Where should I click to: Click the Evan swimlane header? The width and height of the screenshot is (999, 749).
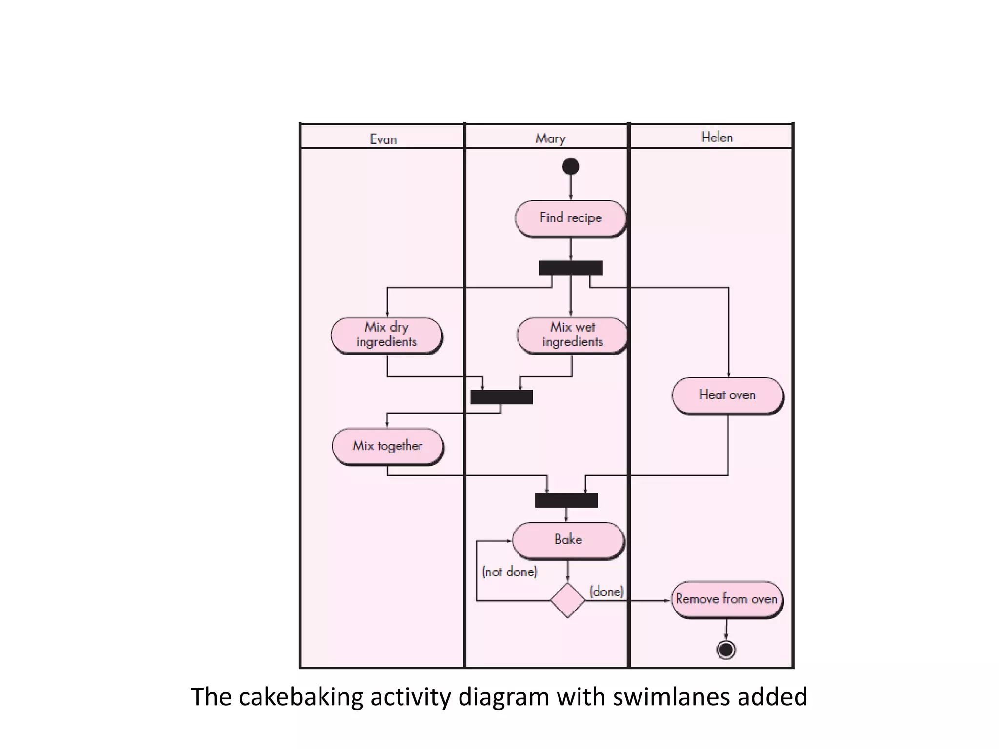pyautogui.click(x=383, y=139)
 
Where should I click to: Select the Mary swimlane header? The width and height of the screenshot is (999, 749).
pyautogui.click(x=550, y=138)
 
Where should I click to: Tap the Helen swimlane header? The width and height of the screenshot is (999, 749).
pyautogui.click(x=717, y=137)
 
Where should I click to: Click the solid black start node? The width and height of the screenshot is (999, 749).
pyautogui.click(x=571, y=167)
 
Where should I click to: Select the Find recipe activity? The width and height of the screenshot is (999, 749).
pyautogui.click(x=570, y=218)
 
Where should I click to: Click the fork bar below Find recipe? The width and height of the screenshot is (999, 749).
pyautogui.click(x=571, y=268)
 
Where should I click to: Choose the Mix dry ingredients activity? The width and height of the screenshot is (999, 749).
pyautogui.click(x=386, y=335)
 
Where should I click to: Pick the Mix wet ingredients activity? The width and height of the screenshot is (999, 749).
pyautogui.click(x=572, y=335)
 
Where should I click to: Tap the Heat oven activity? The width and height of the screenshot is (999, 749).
pyautogui.click(x=727, y=395)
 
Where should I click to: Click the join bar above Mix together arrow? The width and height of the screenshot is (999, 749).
pyautogui.click(x=501, y=397)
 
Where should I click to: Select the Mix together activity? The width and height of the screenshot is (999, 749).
pyautogui.click(x=387, y=446)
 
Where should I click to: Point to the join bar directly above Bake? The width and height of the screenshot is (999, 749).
pyautogui.click(x=566, y=500)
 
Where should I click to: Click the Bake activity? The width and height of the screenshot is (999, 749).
pyautogui.click(x=568, y=540)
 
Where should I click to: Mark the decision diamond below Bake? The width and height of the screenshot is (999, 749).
pyautogui.click(x=567, y=600)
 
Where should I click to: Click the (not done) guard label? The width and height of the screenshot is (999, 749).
pyautogui.click(x=509, y=572)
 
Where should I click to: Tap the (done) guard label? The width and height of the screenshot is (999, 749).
pyautogui.click(x=606, y=591)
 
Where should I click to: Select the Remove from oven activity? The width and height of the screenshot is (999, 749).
pyautogui.click(x=726, y=599)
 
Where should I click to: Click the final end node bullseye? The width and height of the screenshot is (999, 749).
pyautogui.click(x=726, y=650)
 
